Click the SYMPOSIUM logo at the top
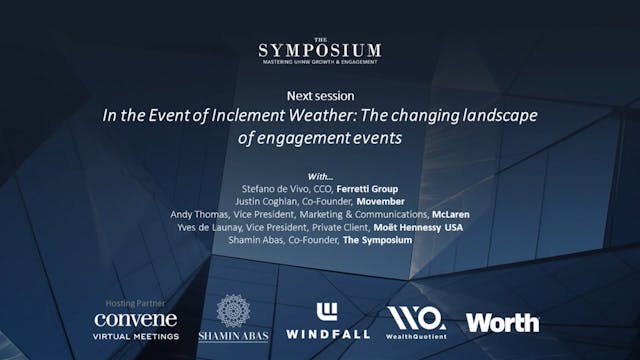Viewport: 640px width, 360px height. (319, 50)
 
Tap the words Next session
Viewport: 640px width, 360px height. (320, 95)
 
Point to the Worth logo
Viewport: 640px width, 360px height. (502, 322)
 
